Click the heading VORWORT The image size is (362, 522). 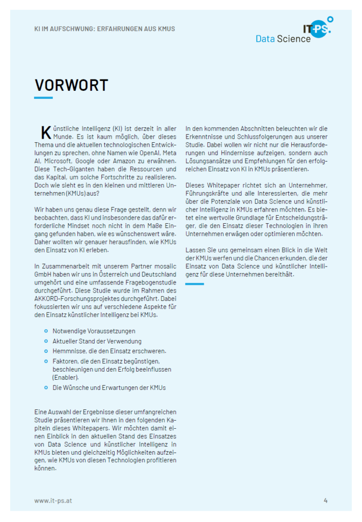[x=71, y=85]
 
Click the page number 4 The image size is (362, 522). [x=325, y=500]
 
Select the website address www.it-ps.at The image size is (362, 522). [x=53, y=501]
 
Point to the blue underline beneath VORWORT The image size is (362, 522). [x=43, y=97]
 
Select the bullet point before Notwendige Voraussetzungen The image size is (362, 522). [x=46, y=331]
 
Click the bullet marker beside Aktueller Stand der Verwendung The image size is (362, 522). [x=46, y=341]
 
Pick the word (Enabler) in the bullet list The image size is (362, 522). [x=66, y=378]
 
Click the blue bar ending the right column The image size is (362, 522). [x=194, y=284]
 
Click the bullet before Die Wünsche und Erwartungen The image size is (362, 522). [x=46, y=388]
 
